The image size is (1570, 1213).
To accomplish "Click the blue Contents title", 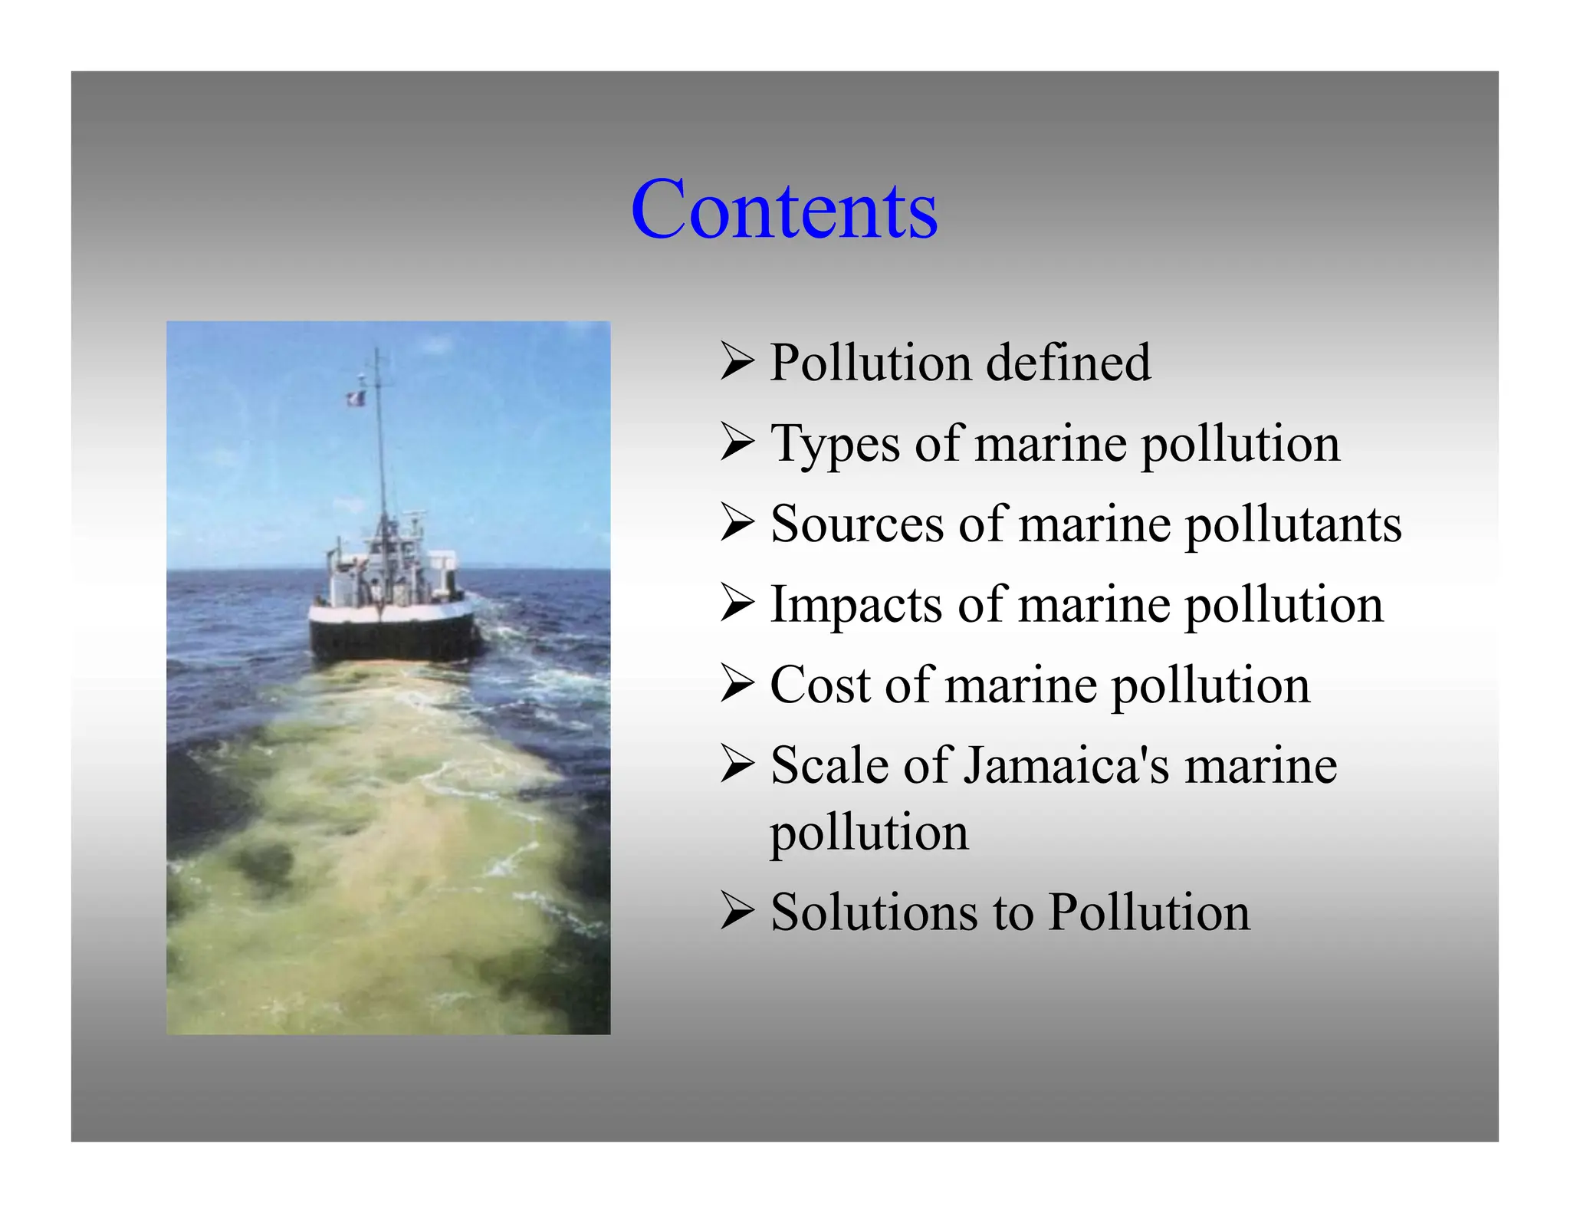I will (x=783, y=209).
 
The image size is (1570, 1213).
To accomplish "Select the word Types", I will (x=836, y=444).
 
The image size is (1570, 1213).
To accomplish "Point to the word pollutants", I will (x=1293, y=526).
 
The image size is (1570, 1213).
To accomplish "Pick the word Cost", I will (x=819, y=685).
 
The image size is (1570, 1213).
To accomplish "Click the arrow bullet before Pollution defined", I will (x=737, y=362).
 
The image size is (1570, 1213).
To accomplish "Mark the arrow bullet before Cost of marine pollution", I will (x=737, y=684).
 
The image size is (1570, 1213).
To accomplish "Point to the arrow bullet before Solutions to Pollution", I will (x=737, y=912).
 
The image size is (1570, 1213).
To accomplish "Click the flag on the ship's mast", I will (x=356, y=398).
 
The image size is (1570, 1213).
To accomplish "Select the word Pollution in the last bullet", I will (x=1148, y=912).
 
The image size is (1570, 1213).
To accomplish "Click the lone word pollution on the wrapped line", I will (x=869, y=833).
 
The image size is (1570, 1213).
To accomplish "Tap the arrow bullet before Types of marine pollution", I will (x=737, y=443).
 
